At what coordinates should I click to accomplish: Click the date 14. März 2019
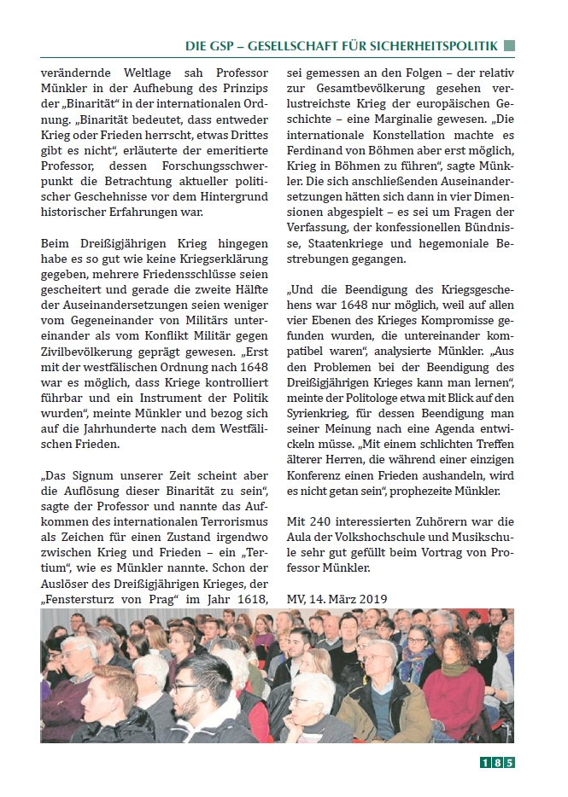click(x=353, y=599)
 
